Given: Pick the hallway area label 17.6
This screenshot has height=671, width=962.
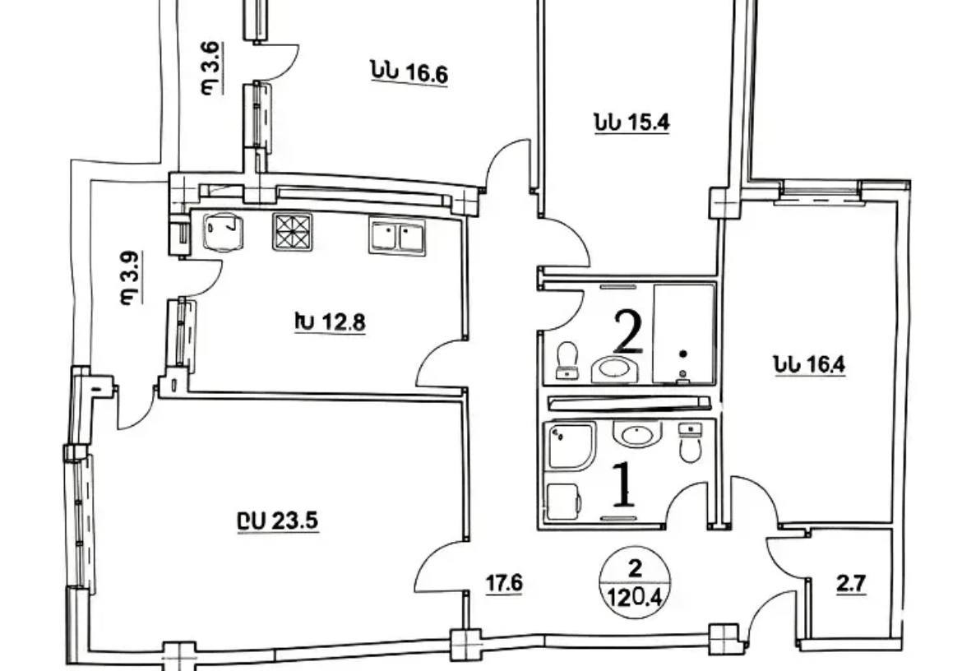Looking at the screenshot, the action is click(x=504, y=583).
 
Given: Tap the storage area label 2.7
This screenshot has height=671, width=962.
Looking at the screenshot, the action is click(x=852, y=584).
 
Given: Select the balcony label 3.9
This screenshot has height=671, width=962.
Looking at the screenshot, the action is click(x=130, y=277).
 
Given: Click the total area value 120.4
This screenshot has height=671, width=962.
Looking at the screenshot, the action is click(x=636, y=596).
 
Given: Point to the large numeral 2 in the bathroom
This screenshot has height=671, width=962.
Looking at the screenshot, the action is click(x=628, y=332).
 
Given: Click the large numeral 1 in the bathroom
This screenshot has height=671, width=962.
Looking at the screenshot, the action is click(x=624, y=484).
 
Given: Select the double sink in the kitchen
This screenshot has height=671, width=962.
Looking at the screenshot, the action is click(x=397, y=236).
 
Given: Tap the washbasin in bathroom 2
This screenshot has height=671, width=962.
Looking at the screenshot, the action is click(x=615, y=369).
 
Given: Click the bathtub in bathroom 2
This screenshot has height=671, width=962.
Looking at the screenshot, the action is click(x=684, y=334).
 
